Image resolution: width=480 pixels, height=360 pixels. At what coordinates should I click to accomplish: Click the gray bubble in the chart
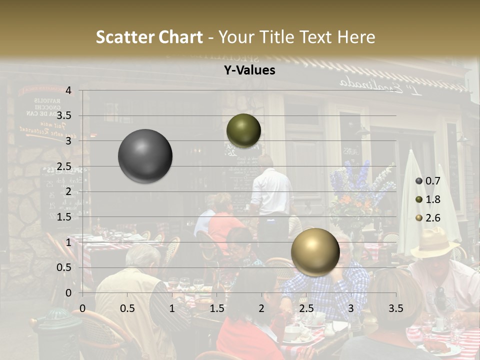145,156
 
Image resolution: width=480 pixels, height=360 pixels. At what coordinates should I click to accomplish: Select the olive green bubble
243,130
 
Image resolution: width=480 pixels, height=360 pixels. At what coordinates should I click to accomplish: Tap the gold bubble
315,251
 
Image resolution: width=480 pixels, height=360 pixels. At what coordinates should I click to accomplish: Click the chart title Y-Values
249,70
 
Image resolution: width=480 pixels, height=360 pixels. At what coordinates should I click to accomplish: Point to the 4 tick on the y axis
68,90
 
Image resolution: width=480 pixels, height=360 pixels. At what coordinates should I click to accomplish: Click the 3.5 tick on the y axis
65,116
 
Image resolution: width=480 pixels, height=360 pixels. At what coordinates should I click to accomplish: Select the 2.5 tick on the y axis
65,166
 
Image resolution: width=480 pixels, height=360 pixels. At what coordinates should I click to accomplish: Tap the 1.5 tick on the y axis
65,217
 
